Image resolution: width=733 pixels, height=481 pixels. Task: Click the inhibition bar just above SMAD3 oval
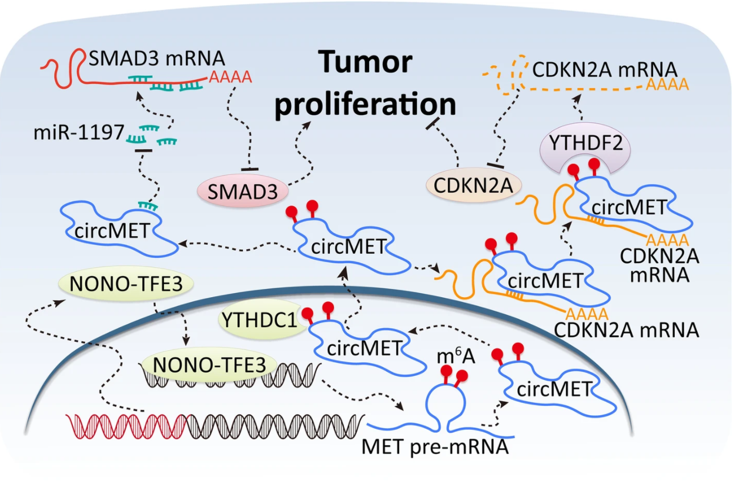point(250,170)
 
